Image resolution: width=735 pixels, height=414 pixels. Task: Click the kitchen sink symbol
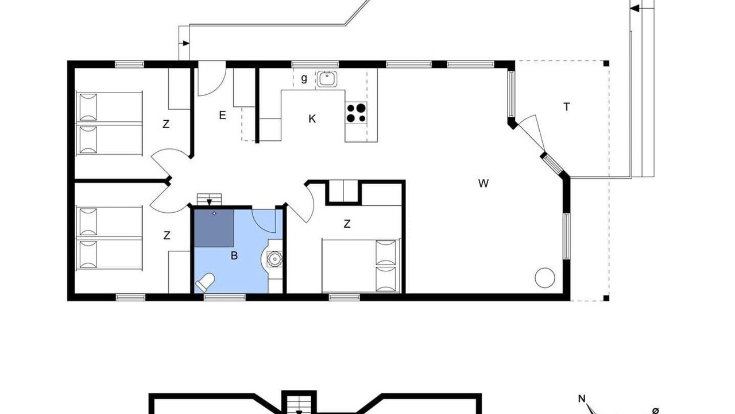(x=327, y=79)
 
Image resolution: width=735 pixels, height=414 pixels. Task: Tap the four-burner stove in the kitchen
(x=356, y=113)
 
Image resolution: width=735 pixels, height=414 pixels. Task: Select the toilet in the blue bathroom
(x=205, y=282)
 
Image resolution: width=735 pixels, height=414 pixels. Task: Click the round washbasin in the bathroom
(x=274, y=259)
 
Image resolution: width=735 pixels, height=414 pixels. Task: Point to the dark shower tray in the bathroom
(x=214, y=228)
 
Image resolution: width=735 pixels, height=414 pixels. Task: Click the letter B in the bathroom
(x=234, y=256)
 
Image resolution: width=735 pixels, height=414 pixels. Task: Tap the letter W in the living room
(x=483, y=183)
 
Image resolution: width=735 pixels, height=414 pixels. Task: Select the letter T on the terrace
(x=566, y=107)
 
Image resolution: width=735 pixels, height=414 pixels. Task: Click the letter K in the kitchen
(x=312, y=119)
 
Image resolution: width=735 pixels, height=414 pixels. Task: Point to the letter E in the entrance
(x=222, y=116)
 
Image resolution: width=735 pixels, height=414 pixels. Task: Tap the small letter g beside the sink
(x=304, y=79)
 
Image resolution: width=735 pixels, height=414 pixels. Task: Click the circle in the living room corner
(x=545, y=278)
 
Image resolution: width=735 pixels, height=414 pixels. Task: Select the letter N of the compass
(x=582, y=398)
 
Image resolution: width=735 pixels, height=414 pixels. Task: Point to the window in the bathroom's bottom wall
(x=225, y=297)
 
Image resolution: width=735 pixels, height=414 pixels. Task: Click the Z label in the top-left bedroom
(x=166, y=124)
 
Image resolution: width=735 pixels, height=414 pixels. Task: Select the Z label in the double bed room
(x=347, y=224)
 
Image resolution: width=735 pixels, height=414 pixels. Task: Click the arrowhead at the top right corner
(x=635, y=8)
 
